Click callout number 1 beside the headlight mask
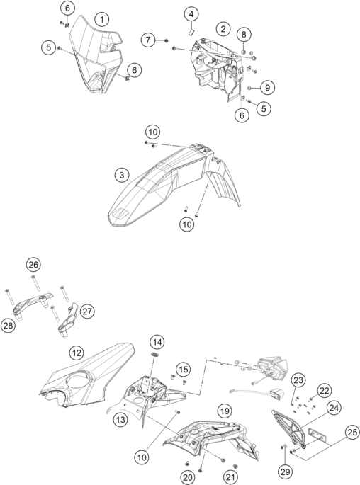pyautogui.click(x=102, y=20)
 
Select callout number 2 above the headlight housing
pyautogui.click(x=223, y=29)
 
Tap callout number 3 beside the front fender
pyautogui.click(x=122, y=175)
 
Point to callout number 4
pyautogui.click(x=191, y=14)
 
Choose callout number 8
pyautogui.click(x=244, y=34)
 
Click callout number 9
pyautogui.click(x=267, y=88)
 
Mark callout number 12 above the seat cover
pyautogui.click(x=77, y=353)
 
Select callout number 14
pyautogui.click(x=157, y=342)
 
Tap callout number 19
pyautogui.click(x=225, y=411)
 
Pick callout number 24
pyautogui.click(x=334, y=409)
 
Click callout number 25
pyautogui.click(x=352, y=433)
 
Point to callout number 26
pyautogui.click(x=33, y=265)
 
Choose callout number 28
pyautogui.click(x=8, y=326)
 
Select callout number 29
pyautogui.click(x=285, y=472)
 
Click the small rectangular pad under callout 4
pyautogui.click(x=191, y=31)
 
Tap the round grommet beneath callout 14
pyautogui.click(x=154, y=354)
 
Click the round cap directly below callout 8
pyautogui.click(x=243, y=52)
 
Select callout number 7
pyautogui.click(x=148, y=40)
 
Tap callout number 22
pyautogui.click(x=324, y=391)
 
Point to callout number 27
pyautogui.click(x=87, y=311)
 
